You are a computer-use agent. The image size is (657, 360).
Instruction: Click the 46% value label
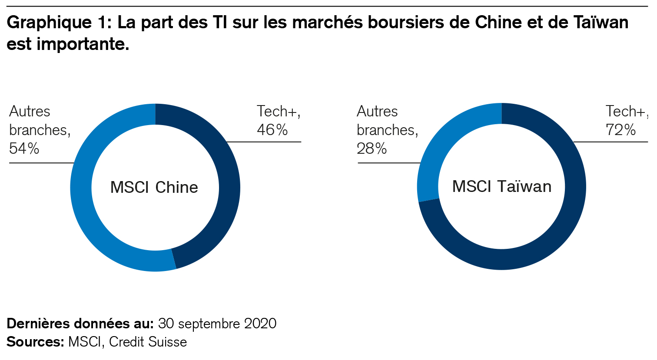click(x=272, y=130)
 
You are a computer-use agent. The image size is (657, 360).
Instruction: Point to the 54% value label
click(x=24, y=149)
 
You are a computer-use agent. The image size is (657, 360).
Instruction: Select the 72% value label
click(x=620, y=130)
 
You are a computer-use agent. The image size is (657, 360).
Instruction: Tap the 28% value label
click(x=372, y=149)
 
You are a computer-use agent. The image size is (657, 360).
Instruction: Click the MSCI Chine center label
click(x=154, y=187)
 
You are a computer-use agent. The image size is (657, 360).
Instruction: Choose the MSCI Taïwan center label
click(x=502, y=186)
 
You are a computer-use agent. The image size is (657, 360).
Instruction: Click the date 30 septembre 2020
click(x=217, y=324)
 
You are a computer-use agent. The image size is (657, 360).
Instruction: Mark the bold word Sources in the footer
click(x=35, y=342)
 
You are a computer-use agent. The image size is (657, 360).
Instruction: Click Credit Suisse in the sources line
click(x=148, y=342)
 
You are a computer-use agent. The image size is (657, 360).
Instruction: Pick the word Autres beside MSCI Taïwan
click(x=377, y=112)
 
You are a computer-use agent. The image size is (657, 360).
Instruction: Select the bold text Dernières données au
click(x=80, y=324)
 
